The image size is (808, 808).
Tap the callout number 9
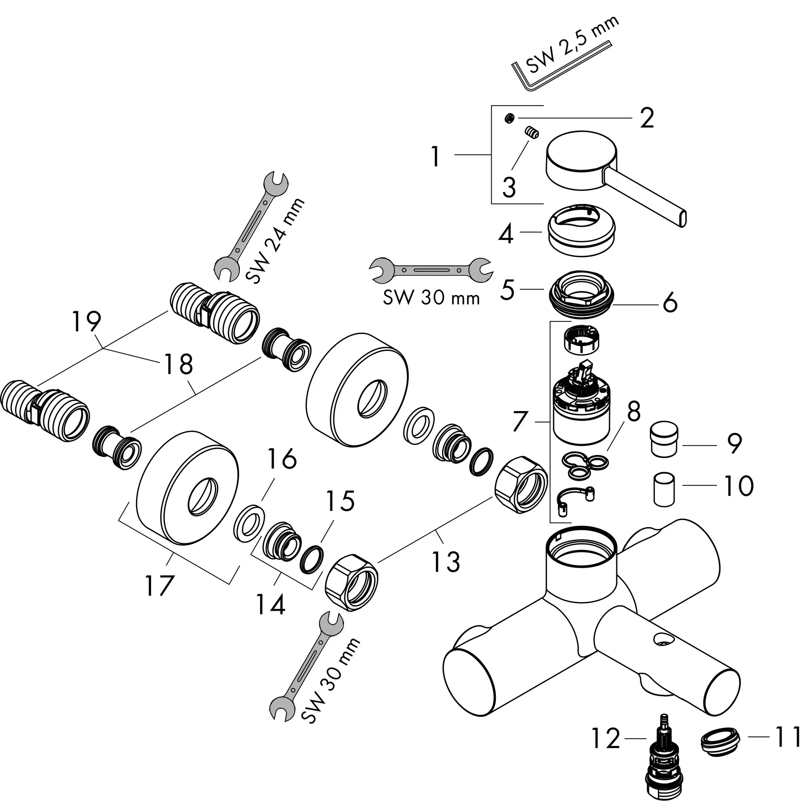click(x=734, y=443)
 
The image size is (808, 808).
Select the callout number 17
click(x=159, y=585)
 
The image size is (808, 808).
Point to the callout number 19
click(x=86, y=321)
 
